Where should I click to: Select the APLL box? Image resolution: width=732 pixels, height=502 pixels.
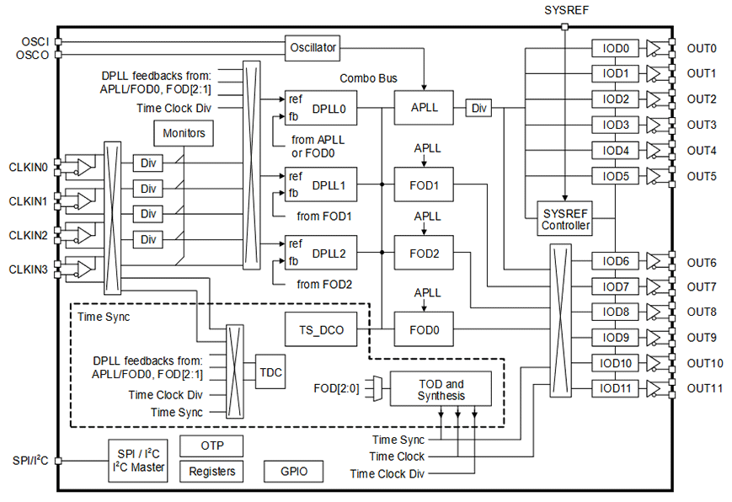click(x=423, y=108)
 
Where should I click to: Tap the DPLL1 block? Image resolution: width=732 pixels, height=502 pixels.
click(x=323, y=184)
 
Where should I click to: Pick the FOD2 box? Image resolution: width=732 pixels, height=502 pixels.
click(x=423, y=252)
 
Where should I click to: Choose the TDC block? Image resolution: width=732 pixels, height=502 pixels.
click(x=270, y=371)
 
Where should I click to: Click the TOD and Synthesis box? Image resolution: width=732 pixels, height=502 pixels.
click(x=441, y=389)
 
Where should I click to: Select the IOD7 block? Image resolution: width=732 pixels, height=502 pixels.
click(x=615, y=286)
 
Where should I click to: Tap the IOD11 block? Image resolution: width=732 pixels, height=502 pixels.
click(x=615, y=388)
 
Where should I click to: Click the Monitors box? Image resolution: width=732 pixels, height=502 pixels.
click(x=184, y=132)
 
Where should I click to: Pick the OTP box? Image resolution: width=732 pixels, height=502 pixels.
click(x=211, y=445)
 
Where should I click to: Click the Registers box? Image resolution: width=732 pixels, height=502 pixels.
click(x=211, y=471)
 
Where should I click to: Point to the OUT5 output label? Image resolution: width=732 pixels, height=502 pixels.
click(x=701, y=176)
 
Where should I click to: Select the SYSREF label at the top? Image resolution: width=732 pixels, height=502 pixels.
click(x=565, y=9)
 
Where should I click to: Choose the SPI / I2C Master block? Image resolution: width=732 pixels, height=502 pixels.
click(x=138, y=460)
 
